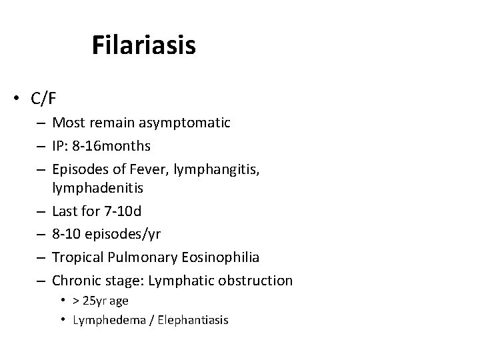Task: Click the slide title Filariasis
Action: coord(143,45)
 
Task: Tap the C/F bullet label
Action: coord(43,99)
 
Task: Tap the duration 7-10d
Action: coord(123,212)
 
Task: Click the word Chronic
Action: coord(76,280)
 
